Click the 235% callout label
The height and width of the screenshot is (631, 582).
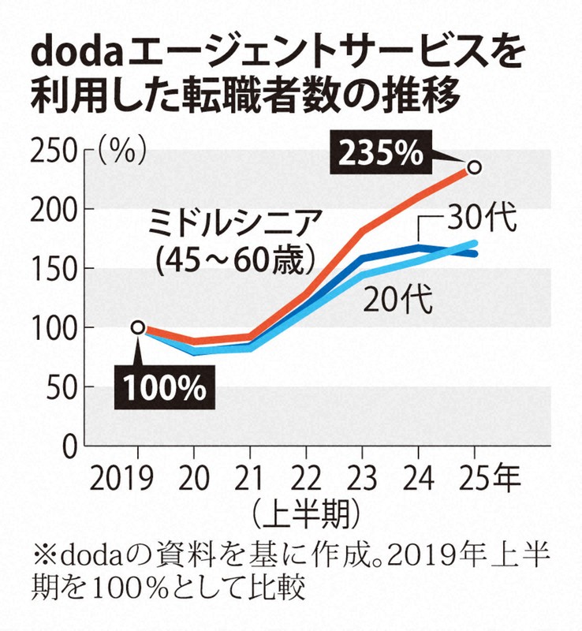[x=382, y=152]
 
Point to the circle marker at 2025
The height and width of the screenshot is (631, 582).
[x=474, y=167]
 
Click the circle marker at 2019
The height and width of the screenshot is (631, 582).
[x=138, y=327]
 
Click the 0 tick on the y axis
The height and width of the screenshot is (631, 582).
[x=69, y=446]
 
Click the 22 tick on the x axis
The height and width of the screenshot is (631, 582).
[x=305, y=479]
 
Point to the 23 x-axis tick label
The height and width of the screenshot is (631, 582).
[x=361, y=479]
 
